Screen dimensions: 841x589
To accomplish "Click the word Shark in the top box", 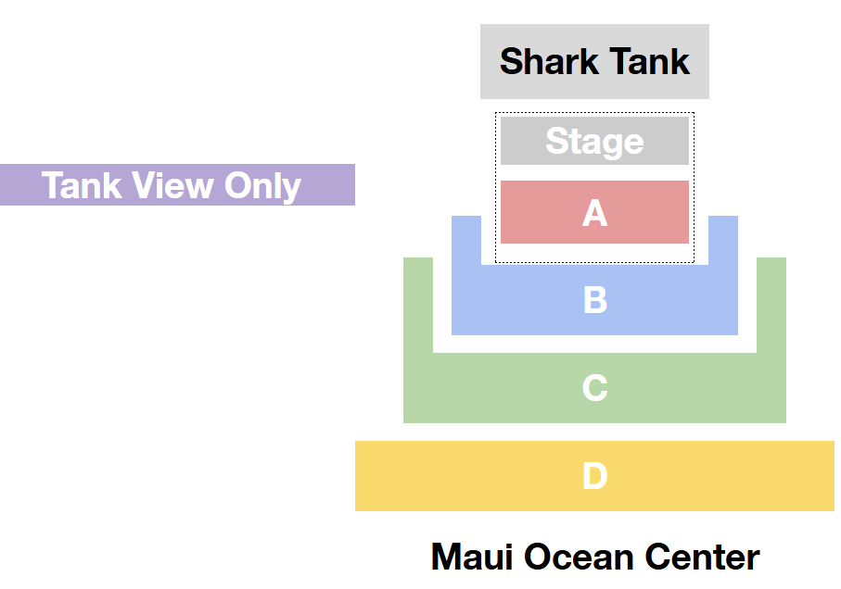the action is pyautogui.click(x=549, y=61).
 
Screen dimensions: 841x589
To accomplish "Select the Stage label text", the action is pyautogui.click(x=594, y=142).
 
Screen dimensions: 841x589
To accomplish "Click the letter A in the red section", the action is pyautogui.click(x=594, y=213).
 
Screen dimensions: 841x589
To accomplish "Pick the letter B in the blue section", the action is pyautogui.click(x=594, y=300).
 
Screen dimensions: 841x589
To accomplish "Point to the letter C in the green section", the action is pyautogui.click(x=594, y=387).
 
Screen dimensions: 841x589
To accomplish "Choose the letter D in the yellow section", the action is pyautogui.click(x=594, y=475).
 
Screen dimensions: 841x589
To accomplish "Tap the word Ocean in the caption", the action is pyautogui.click(x=579, y=557).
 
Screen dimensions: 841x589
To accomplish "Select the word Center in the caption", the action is pyautogui.click(x=703, y=557).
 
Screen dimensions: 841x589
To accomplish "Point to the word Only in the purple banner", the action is pyautogui.click(x=262, y=187).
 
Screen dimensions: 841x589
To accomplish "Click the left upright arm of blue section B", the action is pyautogui.click(x=466, y=241).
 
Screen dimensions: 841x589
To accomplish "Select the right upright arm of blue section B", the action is pyautogui.click(x=723, y=241).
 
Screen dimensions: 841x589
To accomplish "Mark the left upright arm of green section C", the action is pyautogui.click(x=418, y=306).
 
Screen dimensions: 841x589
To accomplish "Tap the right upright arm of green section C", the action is pyautogui.click(x=771, y=306).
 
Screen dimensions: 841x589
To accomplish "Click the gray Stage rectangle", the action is pyautogui.click(x=594, y=141).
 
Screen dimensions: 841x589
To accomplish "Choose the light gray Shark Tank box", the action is pyautogui.click(x=594, y=61).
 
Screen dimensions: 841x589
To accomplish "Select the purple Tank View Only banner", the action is pyautogui.click(x=177, y=184).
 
